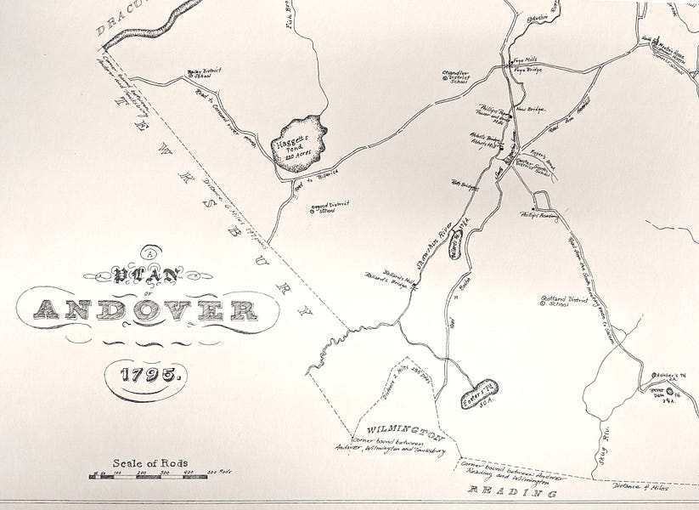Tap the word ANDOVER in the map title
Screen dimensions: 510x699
149,310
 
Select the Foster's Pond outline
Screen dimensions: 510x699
480,394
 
